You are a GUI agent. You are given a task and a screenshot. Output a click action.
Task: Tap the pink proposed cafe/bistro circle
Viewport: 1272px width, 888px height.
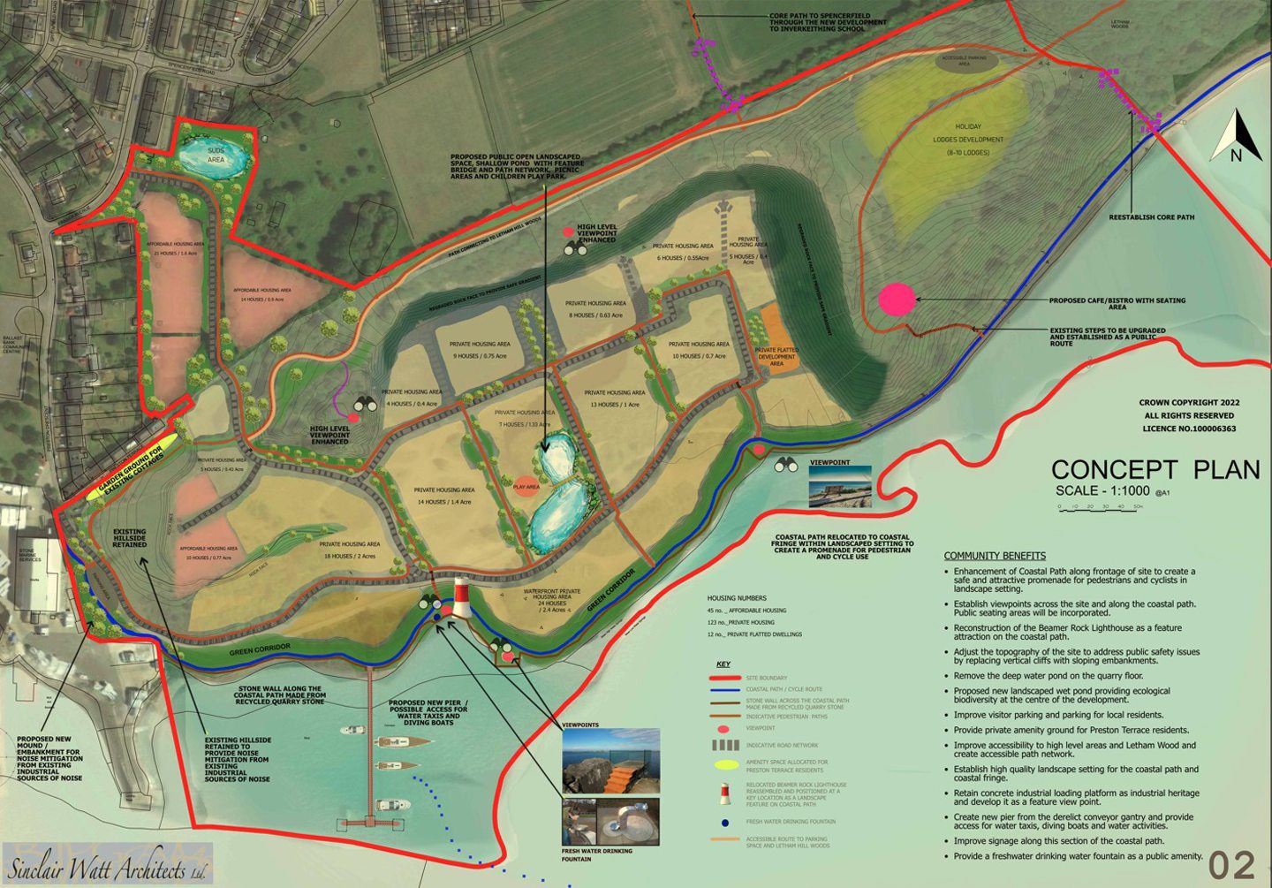[x=897, y=300]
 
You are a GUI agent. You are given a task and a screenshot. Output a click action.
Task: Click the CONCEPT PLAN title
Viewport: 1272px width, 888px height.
[x=1155, y=470]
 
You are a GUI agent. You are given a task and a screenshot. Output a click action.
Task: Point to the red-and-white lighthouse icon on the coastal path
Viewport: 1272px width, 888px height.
[x=460, y=598]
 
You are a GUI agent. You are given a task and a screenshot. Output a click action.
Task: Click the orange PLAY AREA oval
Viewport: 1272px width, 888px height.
[x=526, y=487]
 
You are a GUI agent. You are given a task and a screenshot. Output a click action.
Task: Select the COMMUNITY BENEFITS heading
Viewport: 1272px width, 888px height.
[x=995, y=556]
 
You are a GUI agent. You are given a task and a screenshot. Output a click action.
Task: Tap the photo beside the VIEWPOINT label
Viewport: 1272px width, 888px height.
[x=839, y=487]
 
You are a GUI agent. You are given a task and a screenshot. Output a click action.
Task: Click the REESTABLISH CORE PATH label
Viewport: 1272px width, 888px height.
[x=1151, y=217]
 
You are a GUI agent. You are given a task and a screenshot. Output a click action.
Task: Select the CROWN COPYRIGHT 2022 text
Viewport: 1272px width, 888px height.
[x=1189, y=403]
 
